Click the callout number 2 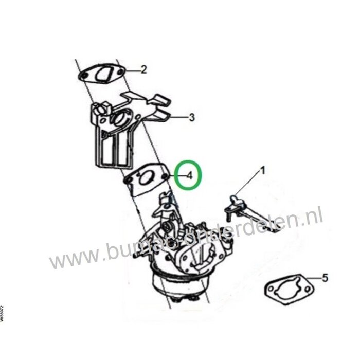[x=144, y=69]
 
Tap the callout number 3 [x=191, y=118]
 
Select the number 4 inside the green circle [x=189, y=175]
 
